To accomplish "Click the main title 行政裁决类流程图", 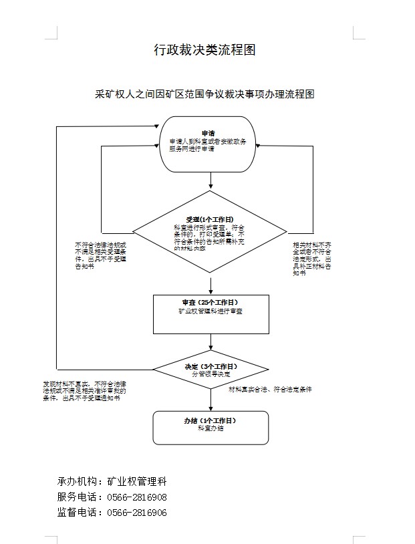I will [x=204, y=50].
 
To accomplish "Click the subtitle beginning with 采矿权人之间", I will [x=204, y=94].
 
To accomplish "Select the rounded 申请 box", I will [x=210, y=140].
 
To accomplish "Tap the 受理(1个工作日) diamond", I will [x=210, y=233].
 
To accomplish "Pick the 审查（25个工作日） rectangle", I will [x=211, y=313].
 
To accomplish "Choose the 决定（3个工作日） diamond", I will [x=211, y=370].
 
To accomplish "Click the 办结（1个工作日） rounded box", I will [x=211, y=427].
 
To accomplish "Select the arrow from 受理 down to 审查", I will [x=211, y=285].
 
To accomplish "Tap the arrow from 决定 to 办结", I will [x=211, y=399].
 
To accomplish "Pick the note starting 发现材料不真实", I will [x=85, y=391].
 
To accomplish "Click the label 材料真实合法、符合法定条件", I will [x=270, y=389].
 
